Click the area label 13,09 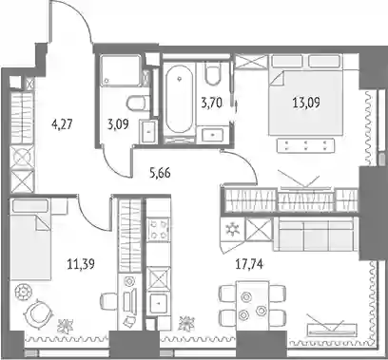coord(306,103)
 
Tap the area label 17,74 coord(249,264)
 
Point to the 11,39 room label coord(81,264)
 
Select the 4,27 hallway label coord(62,124)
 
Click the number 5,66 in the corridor coord(160,173)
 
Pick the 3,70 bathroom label coord(212,103)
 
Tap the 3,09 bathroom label coord(118,124)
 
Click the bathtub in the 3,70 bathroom coord(179,99)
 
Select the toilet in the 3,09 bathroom coord(138,104)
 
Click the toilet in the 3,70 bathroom coord(212,74)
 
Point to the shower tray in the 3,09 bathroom coord(121,70)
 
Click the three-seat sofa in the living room coord(313,235)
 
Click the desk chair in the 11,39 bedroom coord(108,300)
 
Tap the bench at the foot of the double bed coord(306,145)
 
